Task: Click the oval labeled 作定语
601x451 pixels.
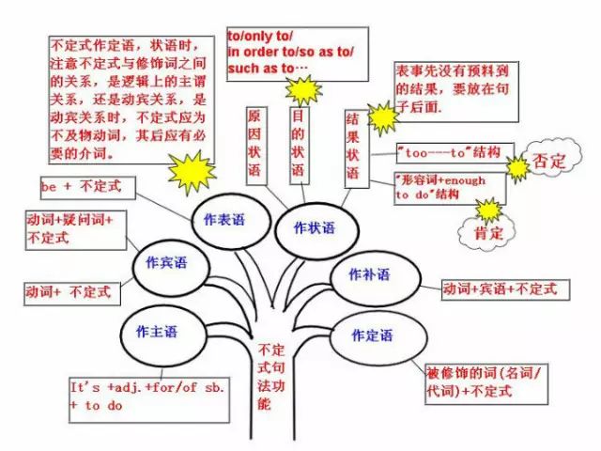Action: tap(372, 335)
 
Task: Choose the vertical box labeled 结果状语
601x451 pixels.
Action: tap(354, 148)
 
